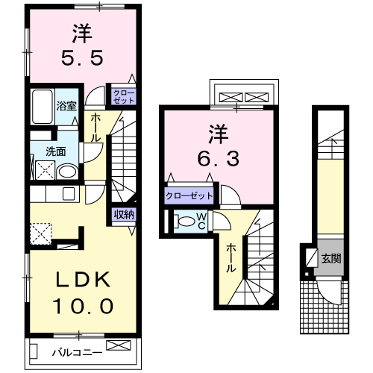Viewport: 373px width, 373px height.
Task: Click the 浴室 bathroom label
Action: coord(66,105)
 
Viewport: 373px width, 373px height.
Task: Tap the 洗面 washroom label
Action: coord(56,151)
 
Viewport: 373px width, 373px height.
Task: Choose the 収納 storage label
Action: coord(125,215)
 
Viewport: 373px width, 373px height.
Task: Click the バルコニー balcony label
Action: coord(72,351)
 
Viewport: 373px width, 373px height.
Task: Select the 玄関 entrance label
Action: coord(331,260)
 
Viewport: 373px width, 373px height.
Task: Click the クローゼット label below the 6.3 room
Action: coord(189,196)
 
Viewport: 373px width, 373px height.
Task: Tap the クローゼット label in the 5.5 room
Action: coord(124,95)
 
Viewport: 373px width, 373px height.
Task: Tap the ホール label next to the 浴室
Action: coord(97,128)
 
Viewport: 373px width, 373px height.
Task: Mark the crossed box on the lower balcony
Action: coord(117,345)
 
